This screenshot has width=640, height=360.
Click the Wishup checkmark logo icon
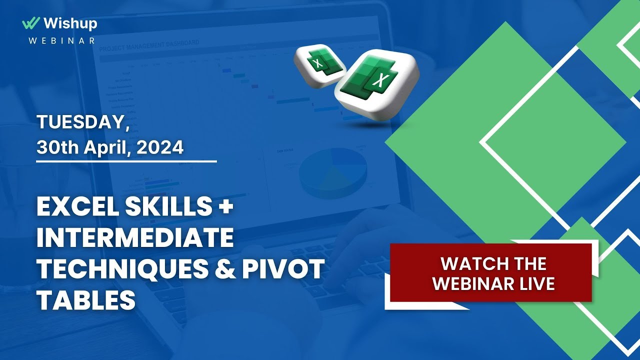pyautogui.click(x=31, y=23)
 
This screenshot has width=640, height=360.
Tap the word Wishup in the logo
pyautogui.click(x=70, y=23)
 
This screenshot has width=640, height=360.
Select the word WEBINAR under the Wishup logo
pyautogui.click(x=61, y=40)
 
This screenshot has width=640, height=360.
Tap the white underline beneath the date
pyautogui.click(x=126, y=161)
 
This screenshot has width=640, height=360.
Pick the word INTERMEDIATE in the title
pyautogui.click(x=135, y=239)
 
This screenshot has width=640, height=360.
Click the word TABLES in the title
pyautogui.click(x=86, y=300)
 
